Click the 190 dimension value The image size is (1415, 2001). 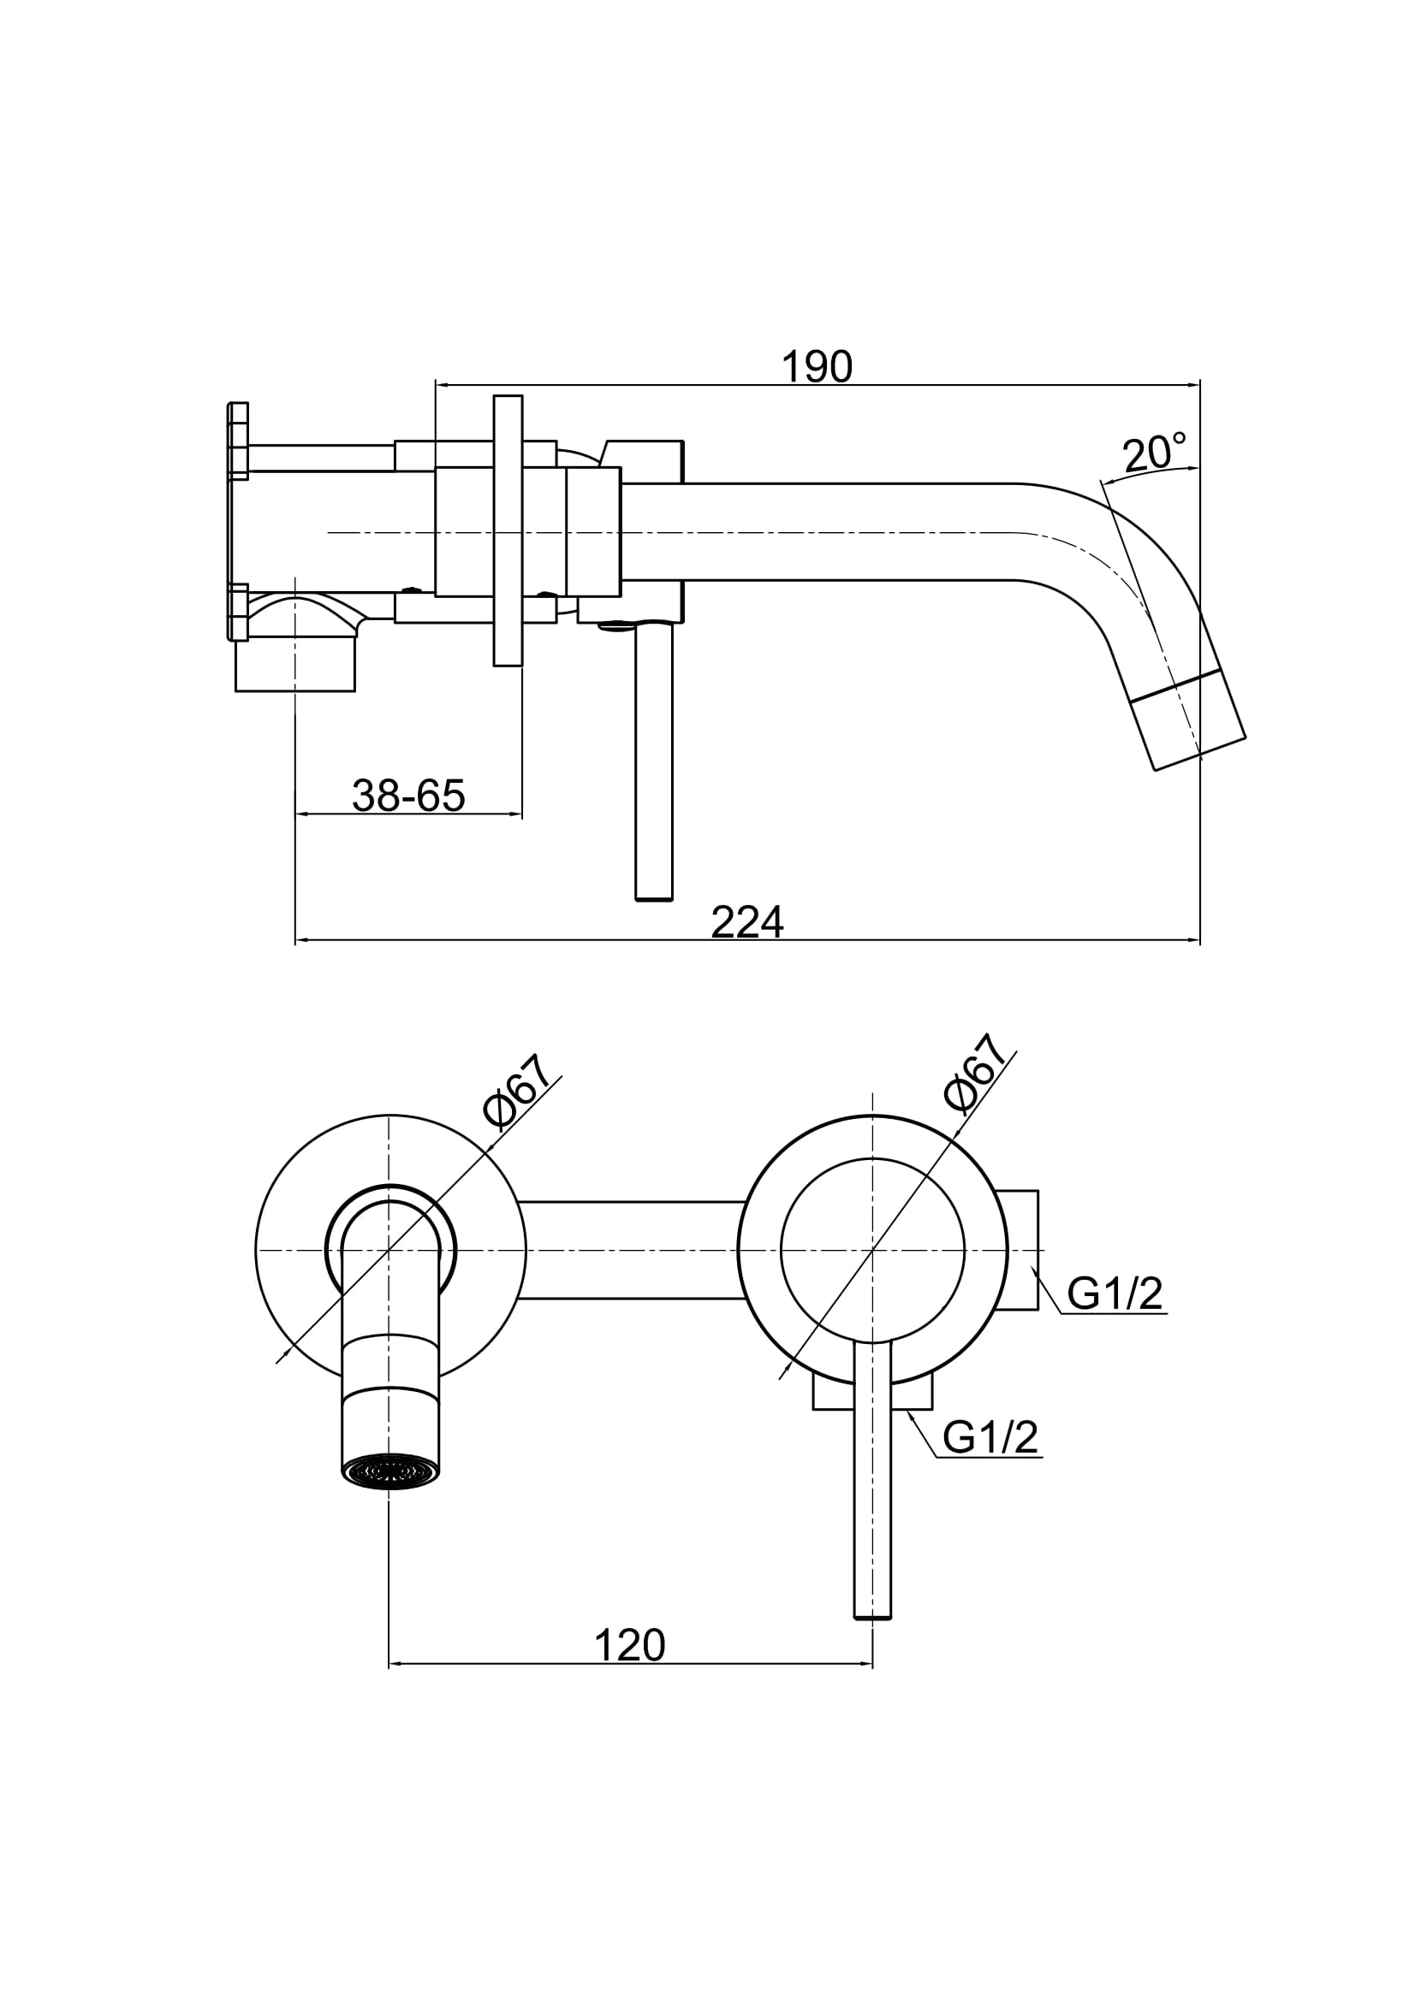pos(816,367)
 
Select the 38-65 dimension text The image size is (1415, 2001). pos(409,795)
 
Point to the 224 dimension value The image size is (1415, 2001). pos(747,922)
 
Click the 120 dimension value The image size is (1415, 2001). pos(629,1645)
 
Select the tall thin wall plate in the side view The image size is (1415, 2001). pos(508,530)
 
